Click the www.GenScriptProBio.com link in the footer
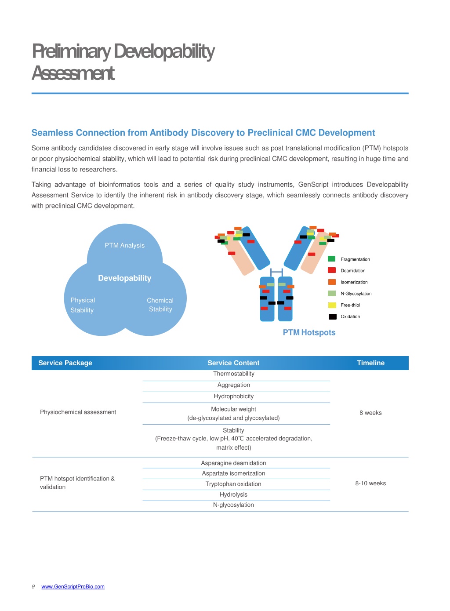click(73, 586)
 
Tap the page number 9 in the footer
click(33, 586)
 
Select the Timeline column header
click(370, 363)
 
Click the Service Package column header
click(65, 363)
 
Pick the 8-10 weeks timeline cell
click(370, 484)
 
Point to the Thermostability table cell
click(234, 374)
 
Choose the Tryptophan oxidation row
click(233, 484)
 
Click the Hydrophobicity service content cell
click(234, 396)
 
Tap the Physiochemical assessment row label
click(78, 412)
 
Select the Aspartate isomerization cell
click(233, 473)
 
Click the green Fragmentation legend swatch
click(331, 258)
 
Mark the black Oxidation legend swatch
click(333, 316)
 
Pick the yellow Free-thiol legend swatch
click(332, 305)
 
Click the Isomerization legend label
click(354, 282)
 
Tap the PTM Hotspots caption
click(309, 332)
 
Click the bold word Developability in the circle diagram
click(125, 278)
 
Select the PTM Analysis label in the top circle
click(125, 245)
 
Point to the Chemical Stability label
click(160, 305)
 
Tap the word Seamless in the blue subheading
click(52, 133)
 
